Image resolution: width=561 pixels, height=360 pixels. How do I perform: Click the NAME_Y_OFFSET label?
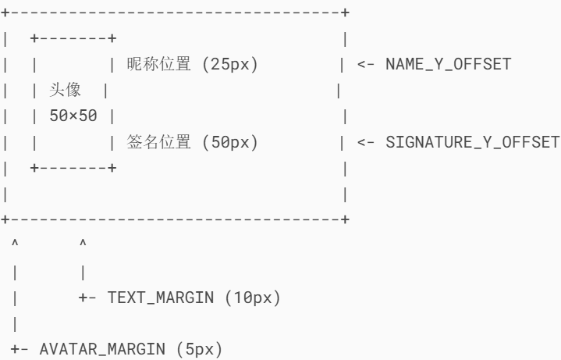point(449,64)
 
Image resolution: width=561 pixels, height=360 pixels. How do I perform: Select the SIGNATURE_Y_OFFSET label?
point(473,142)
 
